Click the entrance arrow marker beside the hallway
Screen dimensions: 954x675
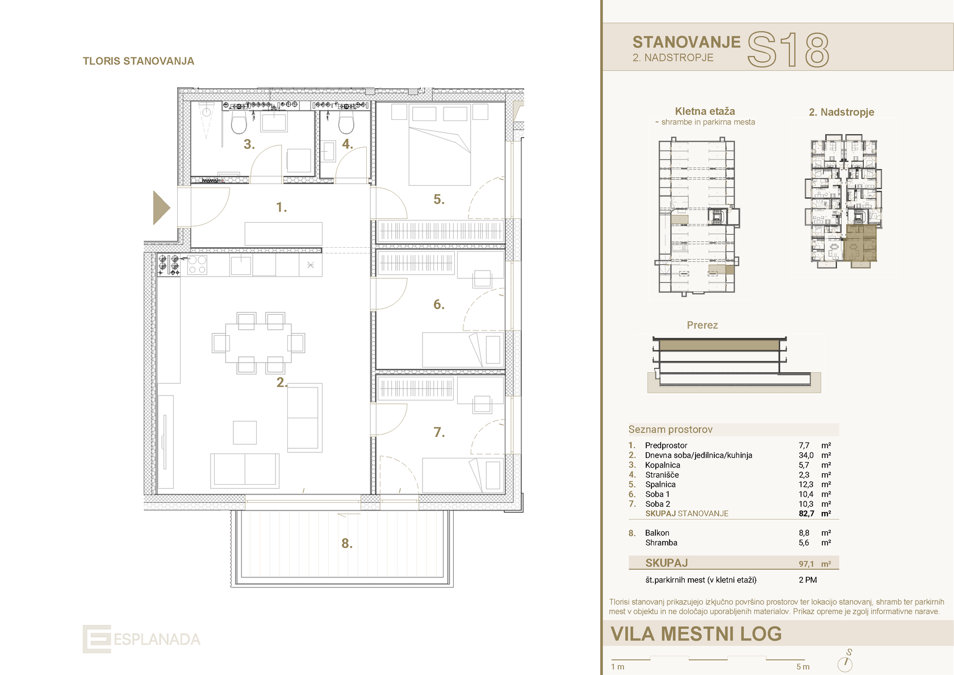(160, 207)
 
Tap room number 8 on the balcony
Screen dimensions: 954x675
(346, 543)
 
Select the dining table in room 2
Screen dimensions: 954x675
(258, 343)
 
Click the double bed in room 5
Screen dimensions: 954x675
(440, 144)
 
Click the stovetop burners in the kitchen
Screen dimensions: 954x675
(169, 265)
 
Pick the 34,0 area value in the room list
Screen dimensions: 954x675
(806, 455)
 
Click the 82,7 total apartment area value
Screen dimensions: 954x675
(806, 514)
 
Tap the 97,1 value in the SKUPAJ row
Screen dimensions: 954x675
(806, 564)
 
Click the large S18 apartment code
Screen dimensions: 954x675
(788, 50)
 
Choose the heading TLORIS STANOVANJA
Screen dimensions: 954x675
(139, 61)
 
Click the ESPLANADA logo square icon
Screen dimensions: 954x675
(97, 639)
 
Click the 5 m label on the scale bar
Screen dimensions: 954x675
(803, 667)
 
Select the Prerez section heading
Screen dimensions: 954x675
(702, 325)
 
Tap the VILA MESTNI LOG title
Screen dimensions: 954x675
(696, 634)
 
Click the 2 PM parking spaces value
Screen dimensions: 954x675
(807, 580)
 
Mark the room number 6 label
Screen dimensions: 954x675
(438, 305)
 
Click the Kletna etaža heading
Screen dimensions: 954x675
(705, 111)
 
